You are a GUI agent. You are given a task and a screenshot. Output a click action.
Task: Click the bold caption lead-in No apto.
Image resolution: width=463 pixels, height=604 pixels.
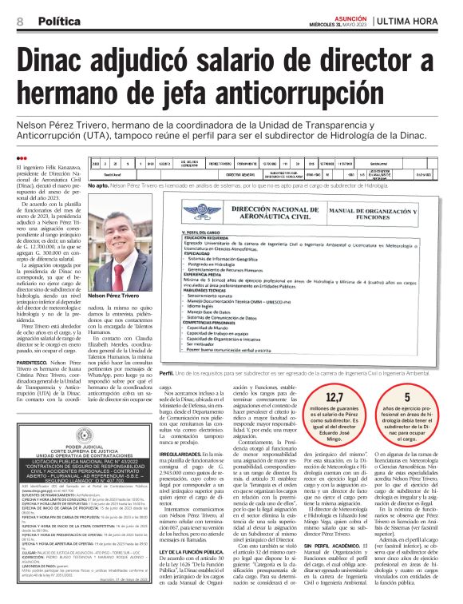coord(101,185)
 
